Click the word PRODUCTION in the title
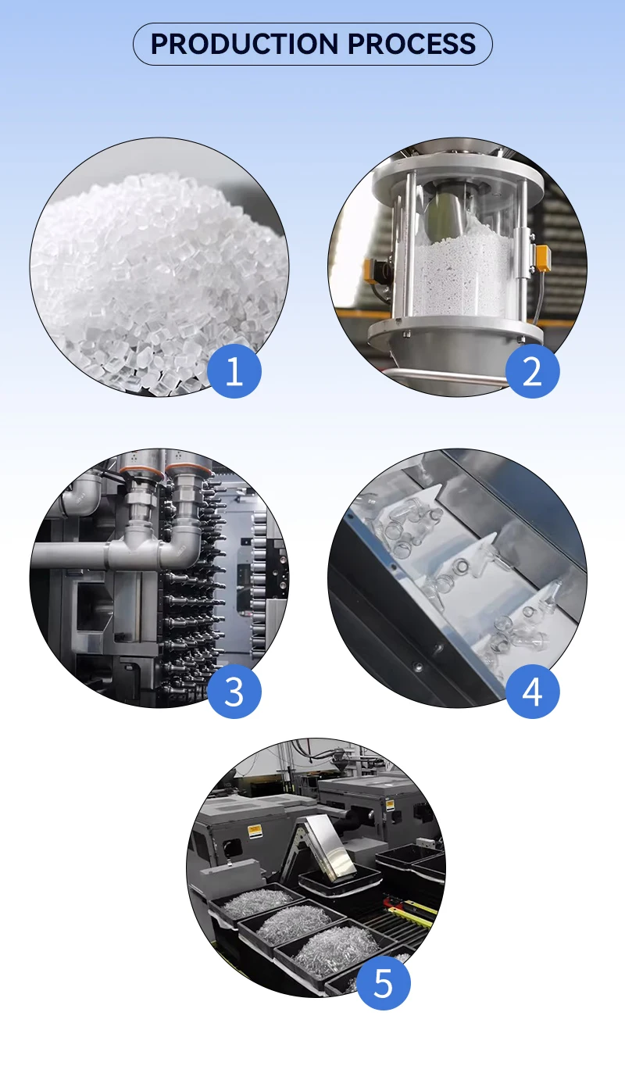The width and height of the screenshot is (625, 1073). coord(245,44)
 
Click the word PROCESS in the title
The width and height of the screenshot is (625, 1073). coord(412,44)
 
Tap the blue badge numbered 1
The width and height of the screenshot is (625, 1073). coord(234,370)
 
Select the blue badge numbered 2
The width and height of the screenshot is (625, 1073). coord(532,370)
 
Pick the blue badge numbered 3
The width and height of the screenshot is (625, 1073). coord(234,692)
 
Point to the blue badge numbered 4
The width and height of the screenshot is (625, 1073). coord(532,692)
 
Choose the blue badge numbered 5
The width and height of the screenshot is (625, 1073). coord(383,983)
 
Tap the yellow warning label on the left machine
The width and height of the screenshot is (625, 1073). coord(255,831)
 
